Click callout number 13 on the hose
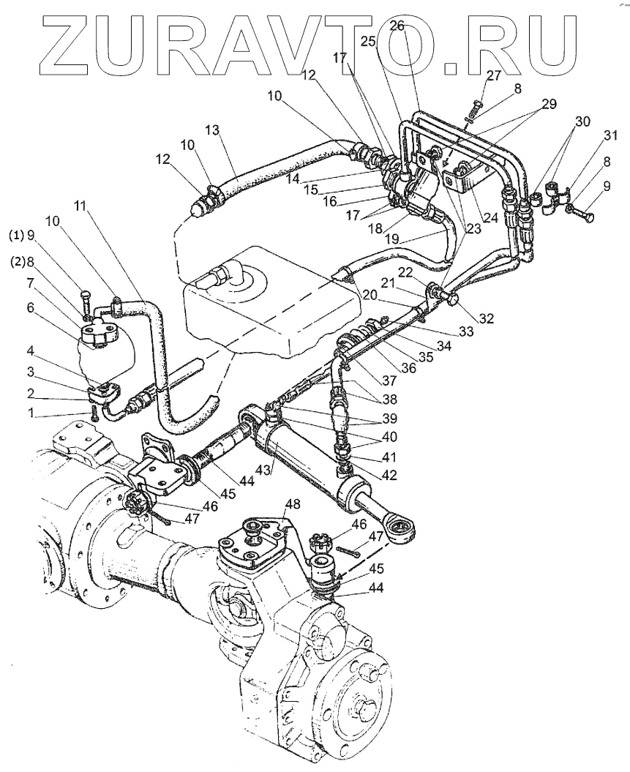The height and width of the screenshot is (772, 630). click(x=212, y=130)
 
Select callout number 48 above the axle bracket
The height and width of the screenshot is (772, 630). click(x=293, y=505)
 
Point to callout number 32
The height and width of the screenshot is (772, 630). click(x=487, y=318)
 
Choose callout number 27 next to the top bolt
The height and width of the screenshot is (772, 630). click(x=493, y=75)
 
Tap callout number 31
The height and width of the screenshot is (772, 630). click(x=610, y=135)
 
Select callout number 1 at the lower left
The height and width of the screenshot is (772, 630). click(x=31, y=413)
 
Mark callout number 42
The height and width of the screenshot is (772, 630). click(x=389, y=475)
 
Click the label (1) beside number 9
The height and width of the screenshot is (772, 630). click(x=16, y=236)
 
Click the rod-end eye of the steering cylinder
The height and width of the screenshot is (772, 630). click(x=402, y=529)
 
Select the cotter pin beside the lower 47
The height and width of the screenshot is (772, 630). click(x=348, y=552)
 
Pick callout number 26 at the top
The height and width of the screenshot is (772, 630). click(x=398, y=26)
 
